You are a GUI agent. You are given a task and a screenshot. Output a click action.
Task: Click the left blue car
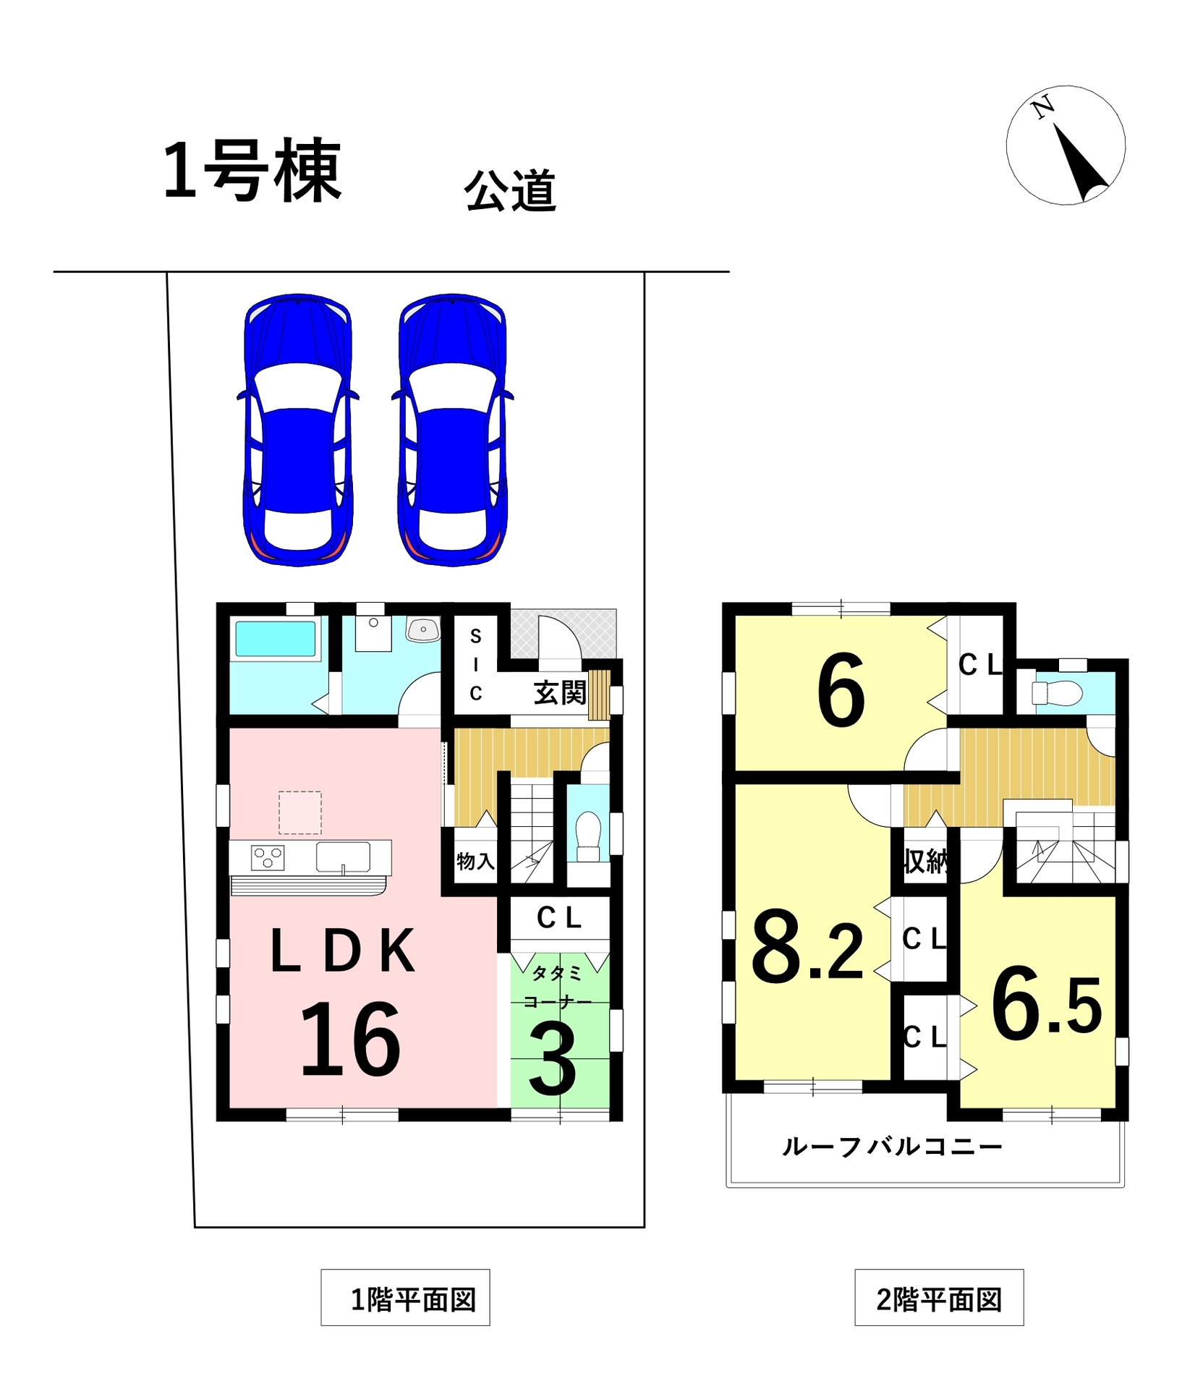(x=297, y=430)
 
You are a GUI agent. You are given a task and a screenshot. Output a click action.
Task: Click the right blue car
(x=452, y=430)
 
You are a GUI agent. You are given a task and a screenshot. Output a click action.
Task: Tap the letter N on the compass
(x=1042, y=109)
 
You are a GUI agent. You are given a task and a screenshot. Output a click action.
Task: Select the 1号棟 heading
(x=252, y=171)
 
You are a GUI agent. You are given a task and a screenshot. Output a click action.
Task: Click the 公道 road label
(x=510, y=191)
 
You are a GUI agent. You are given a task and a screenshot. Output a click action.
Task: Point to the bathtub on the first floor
(x=276, y=640)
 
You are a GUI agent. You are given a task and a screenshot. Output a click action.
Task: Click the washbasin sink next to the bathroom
(x=423, y=629)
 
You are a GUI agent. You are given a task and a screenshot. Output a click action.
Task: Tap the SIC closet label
(x=475, y=665)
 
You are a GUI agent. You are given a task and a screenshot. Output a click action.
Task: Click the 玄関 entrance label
(x=560, y=693)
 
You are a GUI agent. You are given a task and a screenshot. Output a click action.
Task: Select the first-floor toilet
(x=588, y=837)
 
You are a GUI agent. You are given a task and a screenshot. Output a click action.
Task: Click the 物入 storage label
(x=475, y=861)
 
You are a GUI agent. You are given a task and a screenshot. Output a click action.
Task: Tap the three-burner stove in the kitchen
(x=268, y=858)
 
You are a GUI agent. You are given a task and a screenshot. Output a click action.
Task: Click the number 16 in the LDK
(x=350, y=1040)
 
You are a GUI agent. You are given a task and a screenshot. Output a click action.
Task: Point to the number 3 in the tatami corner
(x=553, y=1061)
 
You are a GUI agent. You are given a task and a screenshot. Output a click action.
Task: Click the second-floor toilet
(x=1057, y=694)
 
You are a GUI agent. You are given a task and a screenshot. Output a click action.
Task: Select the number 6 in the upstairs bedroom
(x=841, y=689)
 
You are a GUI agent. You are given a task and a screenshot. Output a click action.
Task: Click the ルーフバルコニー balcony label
(x=892, y=1147)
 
